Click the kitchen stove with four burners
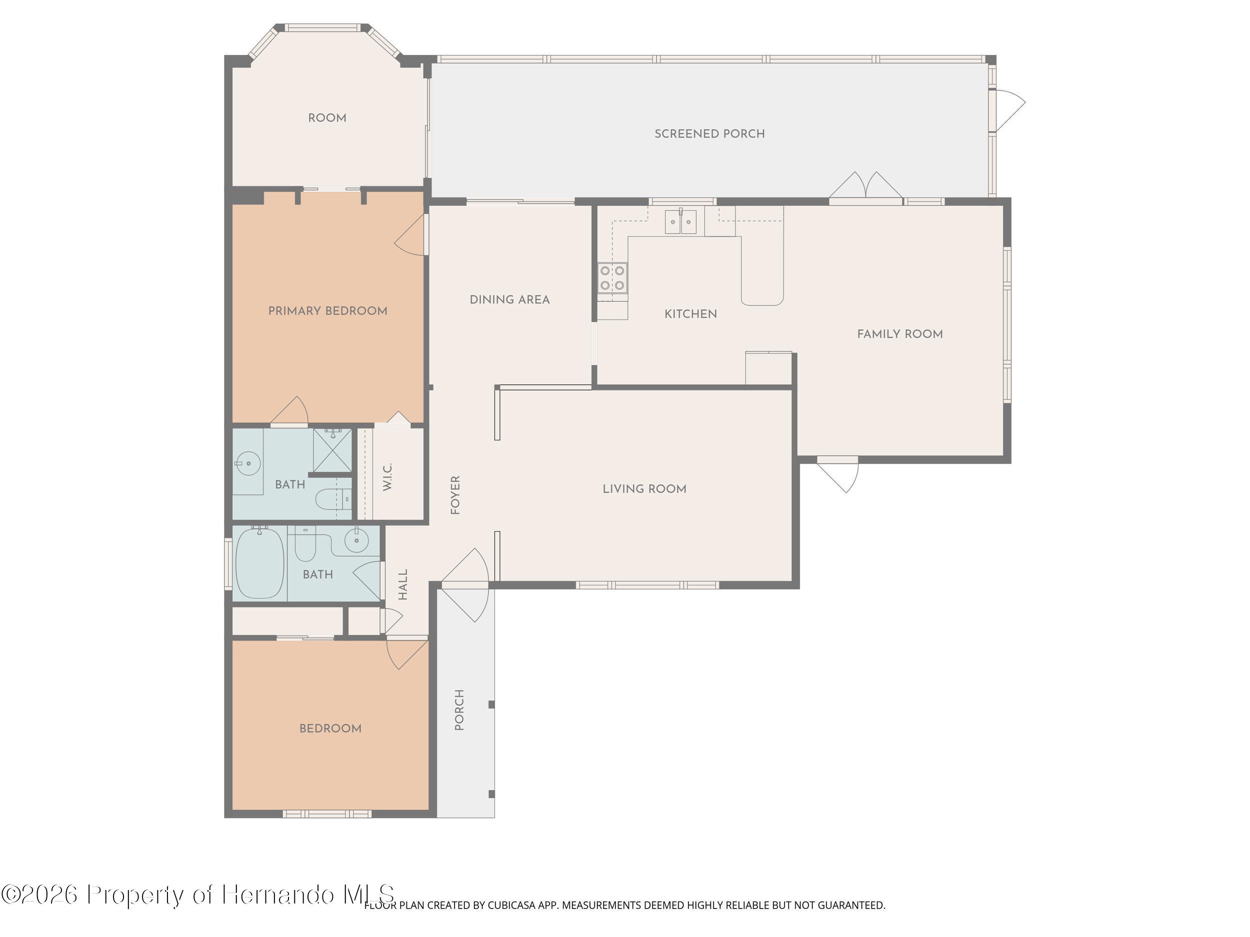coord(612,278)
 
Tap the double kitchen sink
coord(680,221)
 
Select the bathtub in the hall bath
coord(259,563)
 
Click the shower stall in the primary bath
coord(332,450)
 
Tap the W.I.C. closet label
coord(387,477)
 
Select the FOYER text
coord(455,495)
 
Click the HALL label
coord(403,584)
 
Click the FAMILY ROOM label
coord(899,334)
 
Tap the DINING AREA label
coord(509,299)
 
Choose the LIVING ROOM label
coord(644,489)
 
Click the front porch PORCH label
coord(459,710)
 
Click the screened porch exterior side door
coord(1009,110)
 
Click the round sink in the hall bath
coord(356,541)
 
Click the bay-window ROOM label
coord(326,118)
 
